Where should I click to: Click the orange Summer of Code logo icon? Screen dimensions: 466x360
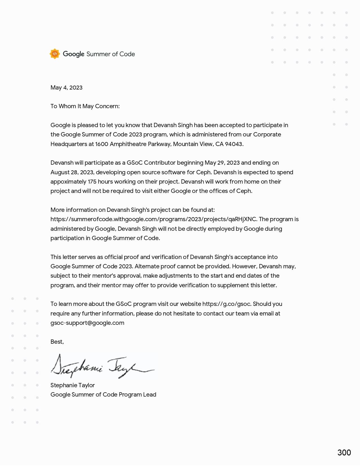[55, 54]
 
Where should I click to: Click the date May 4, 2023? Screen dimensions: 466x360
[66, 88]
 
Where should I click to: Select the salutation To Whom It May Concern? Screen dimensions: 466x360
[85, 106]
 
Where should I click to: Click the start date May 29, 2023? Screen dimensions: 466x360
[222, 163]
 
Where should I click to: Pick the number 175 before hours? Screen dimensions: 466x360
[92, 182]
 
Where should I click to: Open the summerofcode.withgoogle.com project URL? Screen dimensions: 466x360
[154, 219]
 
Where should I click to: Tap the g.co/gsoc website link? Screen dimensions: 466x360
[226, 304]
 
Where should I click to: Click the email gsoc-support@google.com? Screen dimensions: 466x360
[87, 323]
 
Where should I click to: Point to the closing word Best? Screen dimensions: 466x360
[57, 342]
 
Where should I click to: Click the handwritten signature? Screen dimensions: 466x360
[102, 367]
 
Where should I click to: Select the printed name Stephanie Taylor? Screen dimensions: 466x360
[73, 385]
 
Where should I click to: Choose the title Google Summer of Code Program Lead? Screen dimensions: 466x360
[103, 395]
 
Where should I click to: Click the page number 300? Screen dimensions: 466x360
[344, 452]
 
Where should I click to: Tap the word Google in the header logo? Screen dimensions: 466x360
[73, 54]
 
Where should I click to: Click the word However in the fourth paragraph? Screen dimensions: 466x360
[244, 266]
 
